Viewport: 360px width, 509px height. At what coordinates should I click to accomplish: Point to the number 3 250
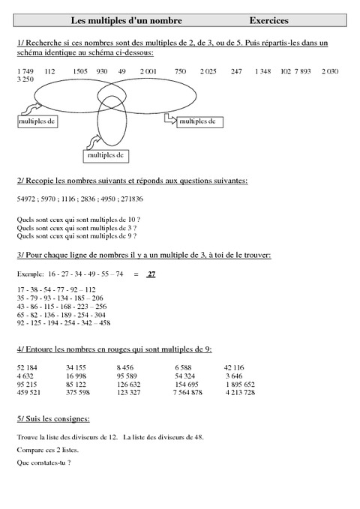pos(24,78)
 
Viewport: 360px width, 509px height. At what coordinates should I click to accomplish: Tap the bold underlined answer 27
pos(151,274)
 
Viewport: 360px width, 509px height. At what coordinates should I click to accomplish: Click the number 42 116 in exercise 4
pos(238,367)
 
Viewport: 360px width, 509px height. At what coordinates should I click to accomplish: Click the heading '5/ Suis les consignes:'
pos(52,418)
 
